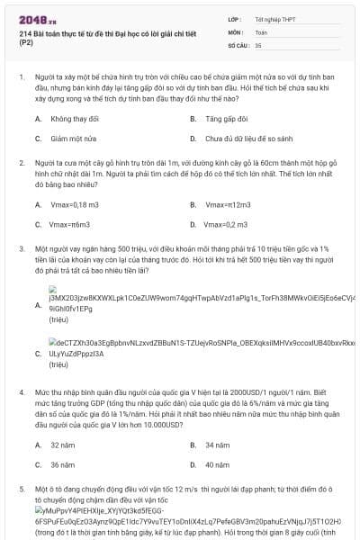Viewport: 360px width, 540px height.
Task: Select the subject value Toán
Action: coord(261,31)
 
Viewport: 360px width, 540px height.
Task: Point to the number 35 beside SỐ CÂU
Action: coord(258,44)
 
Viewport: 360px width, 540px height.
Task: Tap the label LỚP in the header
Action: coord(236,18)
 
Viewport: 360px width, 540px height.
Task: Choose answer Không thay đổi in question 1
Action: coord(74,119)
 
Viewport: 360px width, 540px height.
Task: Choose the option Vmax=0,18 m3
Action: coord(69,204)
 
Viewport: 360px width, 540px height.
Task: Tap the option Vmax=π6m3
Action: coord(68,224)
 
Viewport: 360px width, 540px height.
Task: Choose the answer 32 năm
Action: coord(62,445)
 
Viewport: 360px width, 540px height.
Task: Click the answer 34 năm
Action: coord(217,445)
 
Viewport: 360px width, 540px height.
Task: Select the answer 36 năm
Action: coord(62,464)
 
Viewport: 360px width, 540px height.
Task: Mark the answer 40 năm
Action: coord(217,464)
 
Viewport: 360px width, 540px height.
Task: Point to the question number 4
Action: coord(21,394)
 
